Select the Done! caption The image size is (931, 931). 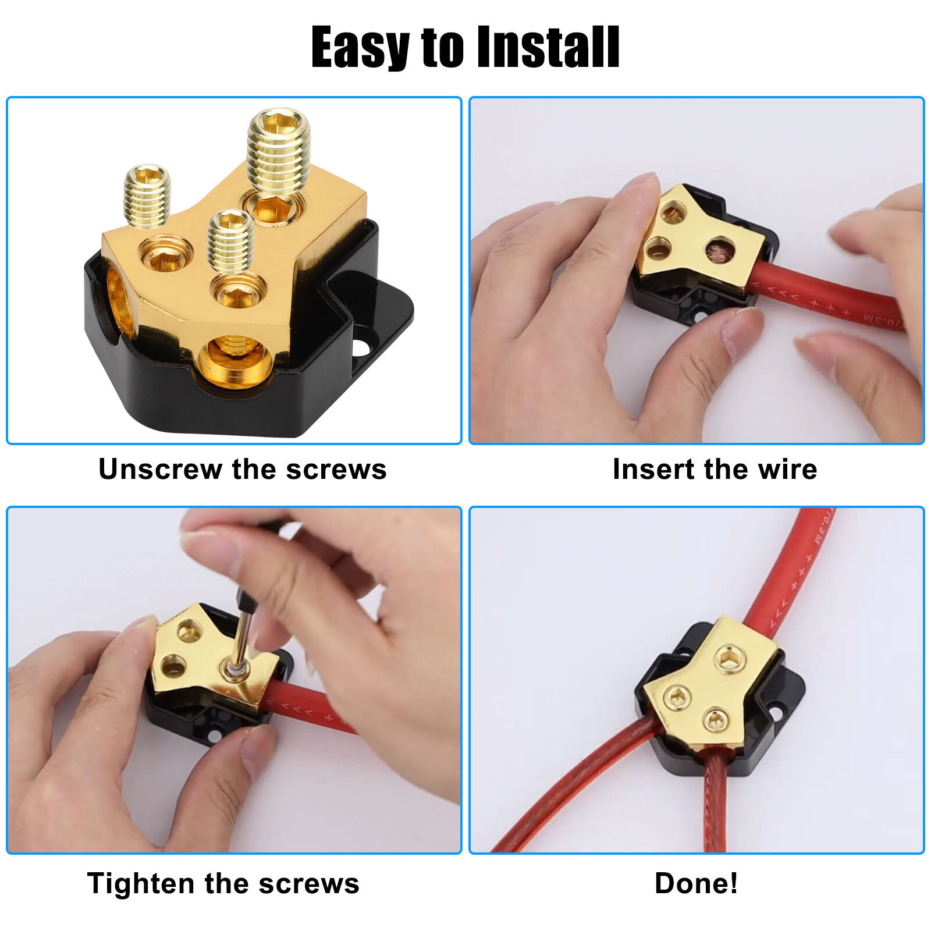(x=696, y=883)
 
